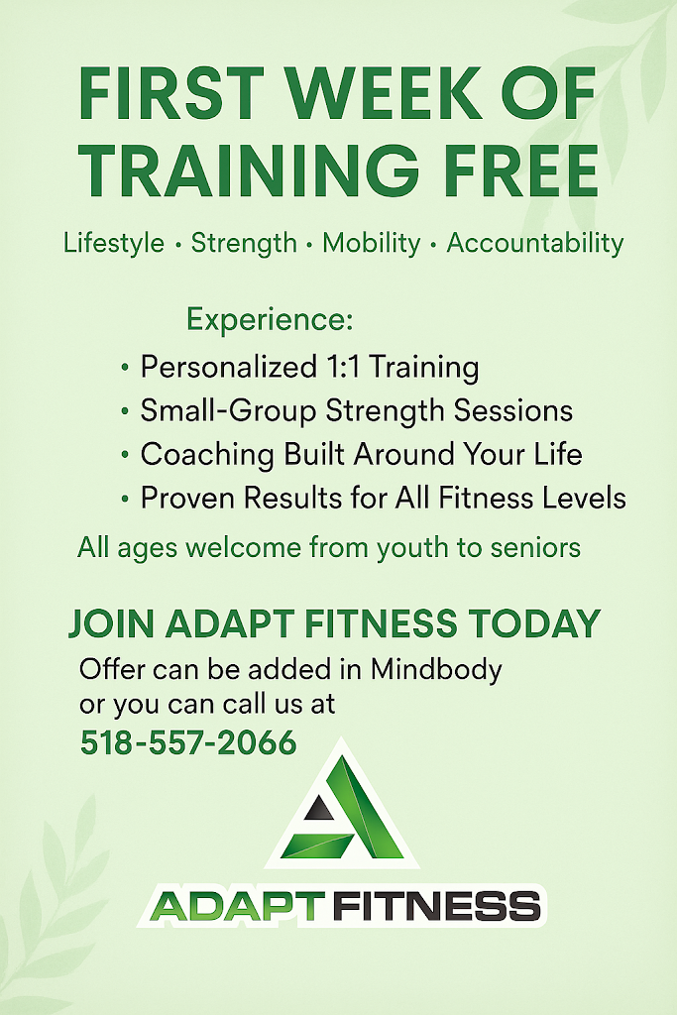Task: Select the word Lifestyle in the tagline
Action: [114, 243]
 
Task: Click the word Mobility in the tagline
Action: [372, 243]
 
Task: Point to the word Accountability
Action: [535, 243]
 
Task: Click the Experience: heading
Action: [270, 320]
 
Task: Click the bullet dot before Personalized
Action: [124, 369]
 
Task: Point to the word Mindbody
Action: [436, 669]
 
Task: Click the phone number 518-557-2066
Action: [188, 742]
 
